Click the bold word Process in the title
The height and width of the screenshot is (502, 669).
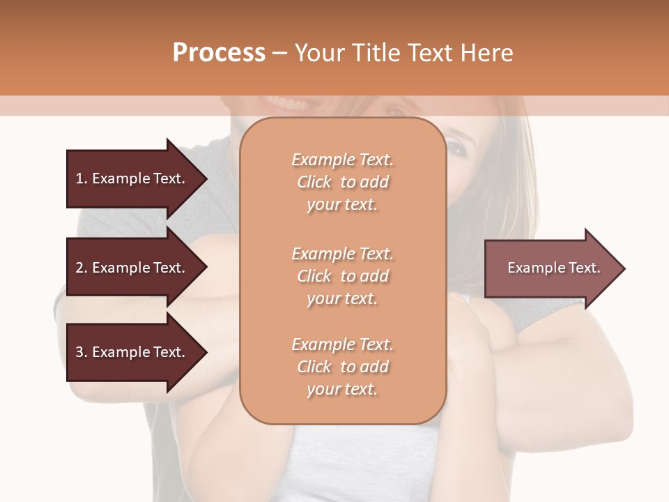219,53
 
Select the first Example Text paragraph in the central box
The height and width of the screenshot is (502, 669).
342,182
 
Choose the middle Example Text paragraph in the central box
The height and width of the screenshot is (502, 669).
342,276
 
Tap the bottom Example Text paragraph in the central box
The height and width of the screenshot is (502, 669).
342,367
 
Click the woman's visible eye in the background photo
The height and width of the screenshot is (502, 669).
454,147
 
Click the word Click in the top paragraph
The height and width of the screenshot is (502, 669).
314,182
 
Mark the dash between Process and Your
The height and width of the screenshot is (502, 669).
280,53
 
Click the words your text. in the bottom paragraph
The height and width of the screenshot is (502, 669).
342,389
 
